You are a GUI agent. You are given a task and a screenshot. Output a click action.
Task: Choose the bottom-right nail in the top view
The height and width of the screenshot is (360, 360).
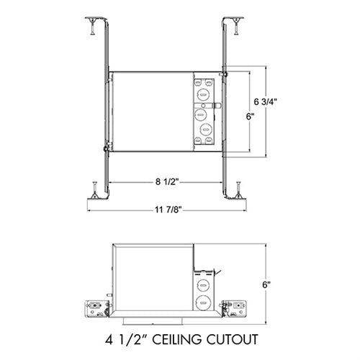(x=238, y=190)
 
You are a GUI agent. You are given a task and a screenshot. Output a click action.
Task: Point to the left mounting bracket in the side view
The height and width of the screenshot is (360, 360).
(x=94, y=306)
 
